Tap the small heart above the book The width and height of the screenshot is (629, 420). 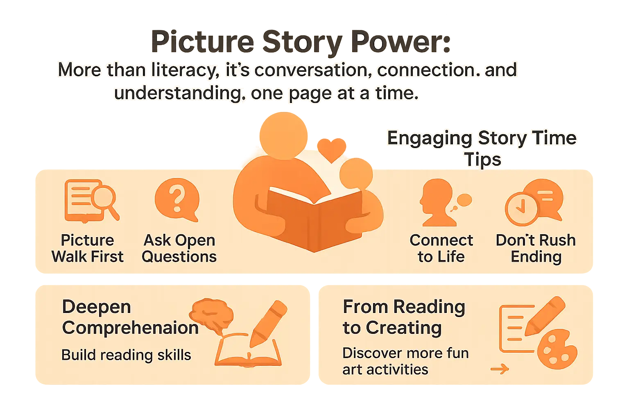coord(331,149)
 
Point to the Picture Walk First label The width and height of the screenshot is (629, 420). coord(87,248)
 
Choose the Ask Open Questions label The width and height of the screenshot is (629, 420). coord(179,248)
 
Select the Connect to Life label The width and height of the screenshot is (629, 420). coord(441,248)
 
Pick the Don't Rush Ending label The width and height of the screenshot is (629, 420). coord(536,248)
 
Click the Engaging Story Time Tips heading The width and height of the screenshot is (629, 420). coord(482,148)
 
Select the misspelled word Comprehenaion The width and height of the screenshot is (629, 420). coord(130,328)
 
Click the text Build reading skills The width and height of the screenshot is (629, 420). coord(126,355)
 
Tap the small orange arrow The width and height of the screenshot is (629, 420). coord(500,369)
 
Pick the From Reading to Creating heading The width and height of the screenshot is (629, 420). coord(404,317)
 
